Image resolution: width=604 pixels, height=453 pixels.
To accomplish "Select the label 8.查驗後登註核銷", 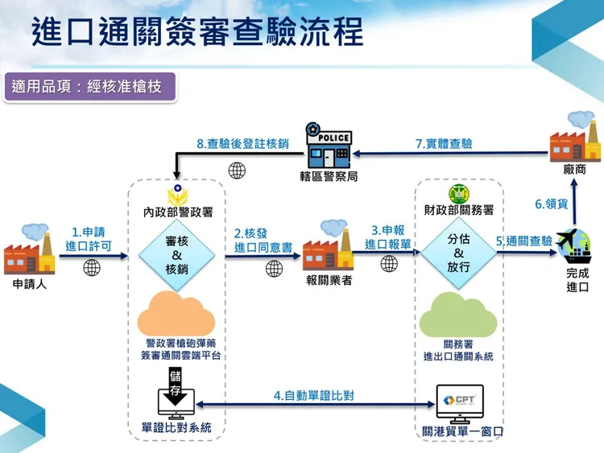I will (x=242, y=144).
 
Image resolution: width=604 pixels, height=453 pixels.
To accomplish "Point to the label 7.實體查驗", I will (x=444, y=144).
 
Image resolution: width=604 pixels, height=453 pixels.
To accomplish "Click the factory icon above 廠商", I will (x=573, y=138).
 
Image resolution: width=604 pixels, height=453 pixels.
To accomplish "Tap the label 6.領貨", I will (x=552, y=204).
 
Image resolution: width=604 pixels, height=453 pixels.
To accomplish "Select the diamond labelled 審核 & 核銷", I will (x=176, y=255).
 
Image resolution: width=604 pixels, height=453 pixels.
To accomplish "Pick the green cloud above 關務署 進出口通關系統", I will (x=458, y=312).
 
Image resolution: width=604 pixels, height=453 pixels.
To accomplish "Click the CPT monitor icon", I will (x=458, y=403).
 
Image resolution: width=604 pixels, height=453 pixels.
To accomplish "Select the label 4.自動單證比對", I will (x=314, y=395).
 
